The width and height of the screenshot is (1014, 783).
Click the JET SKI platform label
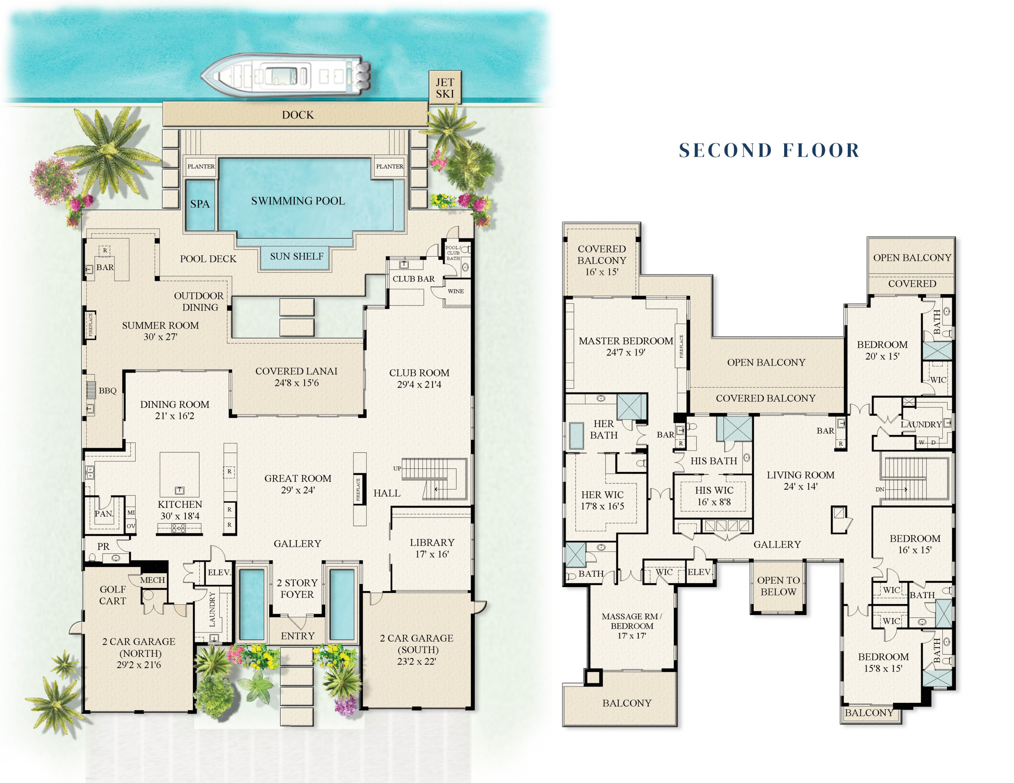(x=444, y=88)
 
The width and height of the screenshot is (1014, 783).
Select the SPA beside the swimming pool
(x=200, y=204)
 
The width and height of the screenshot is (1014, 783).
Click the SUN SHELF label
(x=297, y=256)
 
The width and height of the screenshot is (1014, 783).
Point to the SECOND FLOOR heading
(x=769, y=150)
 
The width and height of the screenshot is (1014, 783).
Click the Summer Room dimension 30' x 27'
(x=160, y=337)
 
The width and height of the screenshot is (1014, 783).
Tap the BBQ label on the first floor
(x=107, y=390)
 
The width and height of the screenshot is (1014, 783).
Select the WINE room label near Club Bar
(x=456, y=291)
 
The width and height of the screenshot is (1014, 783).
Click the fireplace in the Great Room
(x=358, y=489)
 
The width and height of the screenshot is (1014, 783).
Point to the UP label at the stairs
(x=397, y=469)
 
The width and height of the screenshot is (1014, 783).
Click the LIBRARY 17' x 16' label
(x=432, y=548)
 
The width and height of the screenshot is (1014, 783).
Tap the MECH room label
(x=152, y=580)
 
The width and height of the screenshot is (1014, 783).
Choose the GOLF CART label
(x=112, y=595)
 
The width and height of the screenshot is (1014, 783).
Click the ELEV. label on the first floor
(x=219, y=573)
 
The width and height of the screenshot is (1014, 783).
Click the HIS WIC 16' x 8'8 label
(x=714, y=496)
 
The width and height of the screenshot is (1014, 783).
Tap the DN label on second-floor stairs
(x=879, y=489)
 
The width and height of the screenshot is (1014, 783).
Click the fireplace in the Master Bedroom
(x=681, y=346)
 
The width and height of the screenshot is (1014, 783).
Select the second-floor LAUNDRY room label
(x=921, y=424)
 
